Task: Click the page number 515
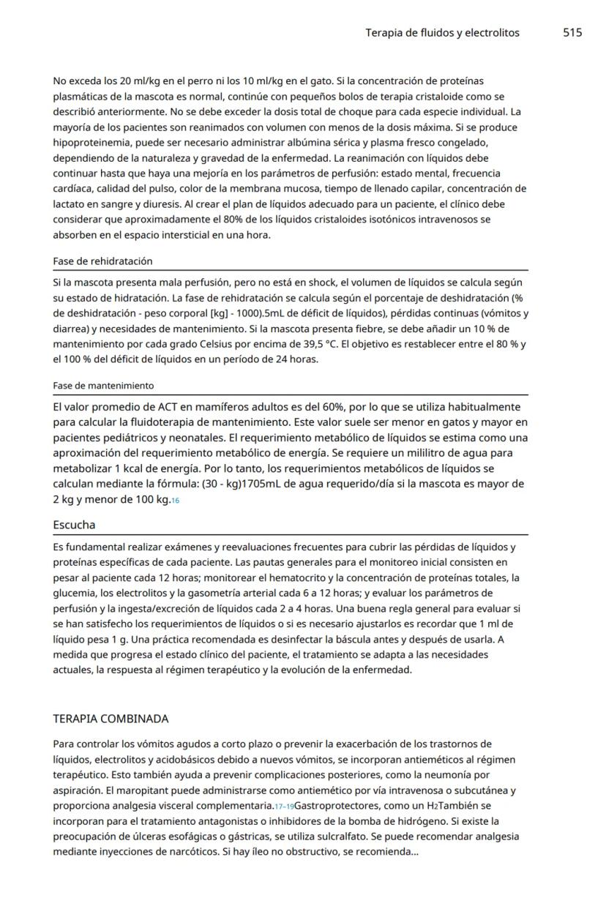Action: [572, 33]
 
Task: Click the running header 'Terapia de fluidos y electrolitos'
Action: [442, 33]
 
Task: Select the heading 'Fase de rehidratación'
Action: [102, 261]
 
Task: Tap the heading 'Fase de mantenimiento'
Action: [103, 385]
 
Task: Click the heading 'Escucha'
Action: [74, 525]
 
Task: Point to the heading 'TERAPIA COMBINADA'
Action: [111, 718]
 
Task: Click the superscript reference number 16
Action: [175, 501]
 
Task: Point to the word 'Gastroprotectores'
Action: [333, 806]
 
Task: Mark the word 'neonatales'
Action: [179, 438]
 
